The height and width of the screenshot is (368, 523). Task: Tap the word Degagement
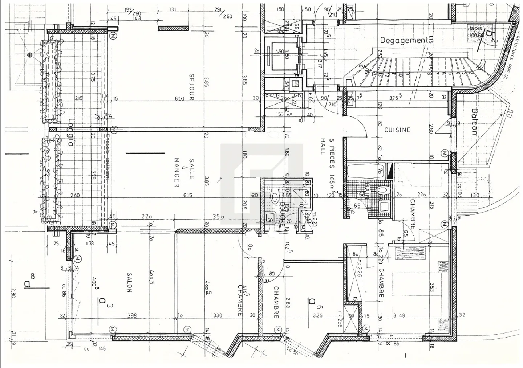tap(403, 40)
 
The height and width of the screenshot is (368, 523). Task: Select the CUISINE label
tap(397, 130)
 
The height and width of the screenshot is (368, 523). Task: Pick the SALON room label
tap(129, 282)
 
